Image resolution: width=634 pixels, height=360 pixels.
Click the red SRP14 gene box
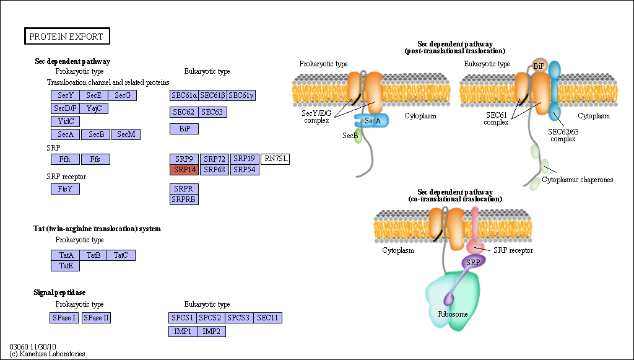pyautogui.click(x=185, y=170)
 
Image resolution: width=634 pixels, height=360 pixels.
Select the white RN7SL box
pyautogui.click(x=276, y=159)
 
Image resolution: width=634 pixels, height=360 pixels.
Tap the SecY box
pyautogui.click(x=66, y=95)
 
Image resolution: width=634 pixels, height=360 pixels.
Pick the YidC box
pyautogui.click(x=66, y=121)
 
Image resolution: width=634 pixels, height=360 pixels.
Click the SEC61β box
pyautogui.click(x=213, y=95)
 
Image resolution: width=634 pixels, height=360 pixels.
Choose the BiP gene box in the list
pyautogui.click(x=185, y=129)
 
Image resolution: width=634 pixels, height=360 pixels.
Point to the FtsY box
pyautogui.click(x=66, y=189)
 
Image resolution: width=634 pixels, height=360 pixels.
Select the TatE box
pyautogui.click(x=66, y=266)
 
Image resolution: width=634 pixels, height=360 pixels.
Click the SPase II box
pyautogui.click(x=96, y=318)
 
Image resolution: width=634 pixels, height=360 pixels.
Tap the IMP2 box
pyautogui.click(x=212, y=331)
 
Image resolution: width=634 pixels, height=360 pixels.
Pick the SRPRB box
pyautogui.click(x=185, y=200)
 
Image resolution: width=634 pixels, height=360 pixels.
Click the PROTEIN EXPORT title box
pyautogui.click(x=67, y=37)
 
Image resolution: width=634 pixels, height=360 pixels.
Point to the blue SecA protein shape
pyautogui.click(x=372, y=121)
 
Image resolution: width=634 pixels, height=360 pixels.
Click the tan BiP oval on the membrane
pyautogui.click(x=539, y=66)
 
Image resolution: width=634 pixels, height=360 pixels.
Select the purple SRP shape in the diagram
pyautogui.click(x=472, y=263)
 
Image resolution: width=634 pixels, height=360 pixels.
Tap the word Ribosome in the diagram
pyautogui.click(x=453, y=314)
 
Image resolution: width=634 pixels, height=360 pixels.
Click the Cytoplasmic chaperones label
pyautogui.click(x=578, y=180)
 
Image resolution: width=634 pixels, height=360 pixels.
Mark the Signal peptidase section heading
pyautogui.click(x=59, y=292)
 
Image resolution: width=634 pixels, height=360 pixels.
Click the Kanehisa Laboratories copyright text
pyautogui.click(x=47, y=354)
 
